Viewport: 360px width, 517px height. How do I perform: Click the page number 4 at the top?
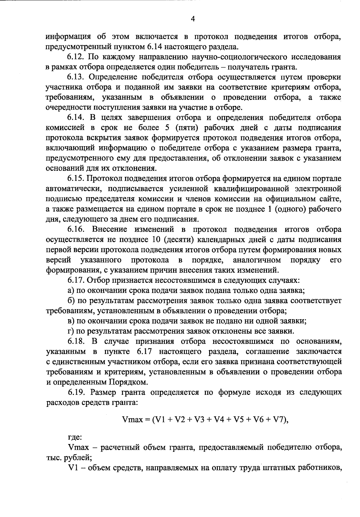193,19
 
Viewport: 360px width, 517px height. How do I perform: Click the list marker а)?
71,290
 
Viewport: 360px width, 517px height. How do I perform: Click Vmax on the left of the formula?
133,419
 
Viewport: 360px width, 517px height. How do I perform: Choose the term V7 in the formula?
279,419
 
